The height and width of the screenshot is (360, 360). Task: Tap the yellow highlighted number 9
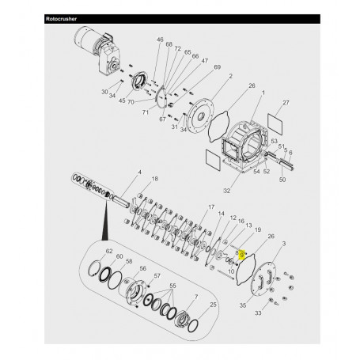click(x=242, y=256)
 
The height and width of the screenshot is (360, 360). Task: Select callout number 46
click(x=160, y=40)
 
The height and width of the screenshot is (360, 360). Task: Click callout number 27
click(x=286, y=103)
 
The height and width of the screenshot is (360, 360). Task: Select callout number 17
click(x=210, y=207)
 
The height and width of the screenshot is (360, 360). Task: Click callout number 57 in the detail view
click(x=157, y=276)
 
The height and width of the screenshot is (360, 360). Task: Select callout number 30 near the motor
click(x=104, y=91)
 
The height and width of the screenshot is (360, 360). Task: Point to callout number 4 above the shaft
click(x=139, y=172)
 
